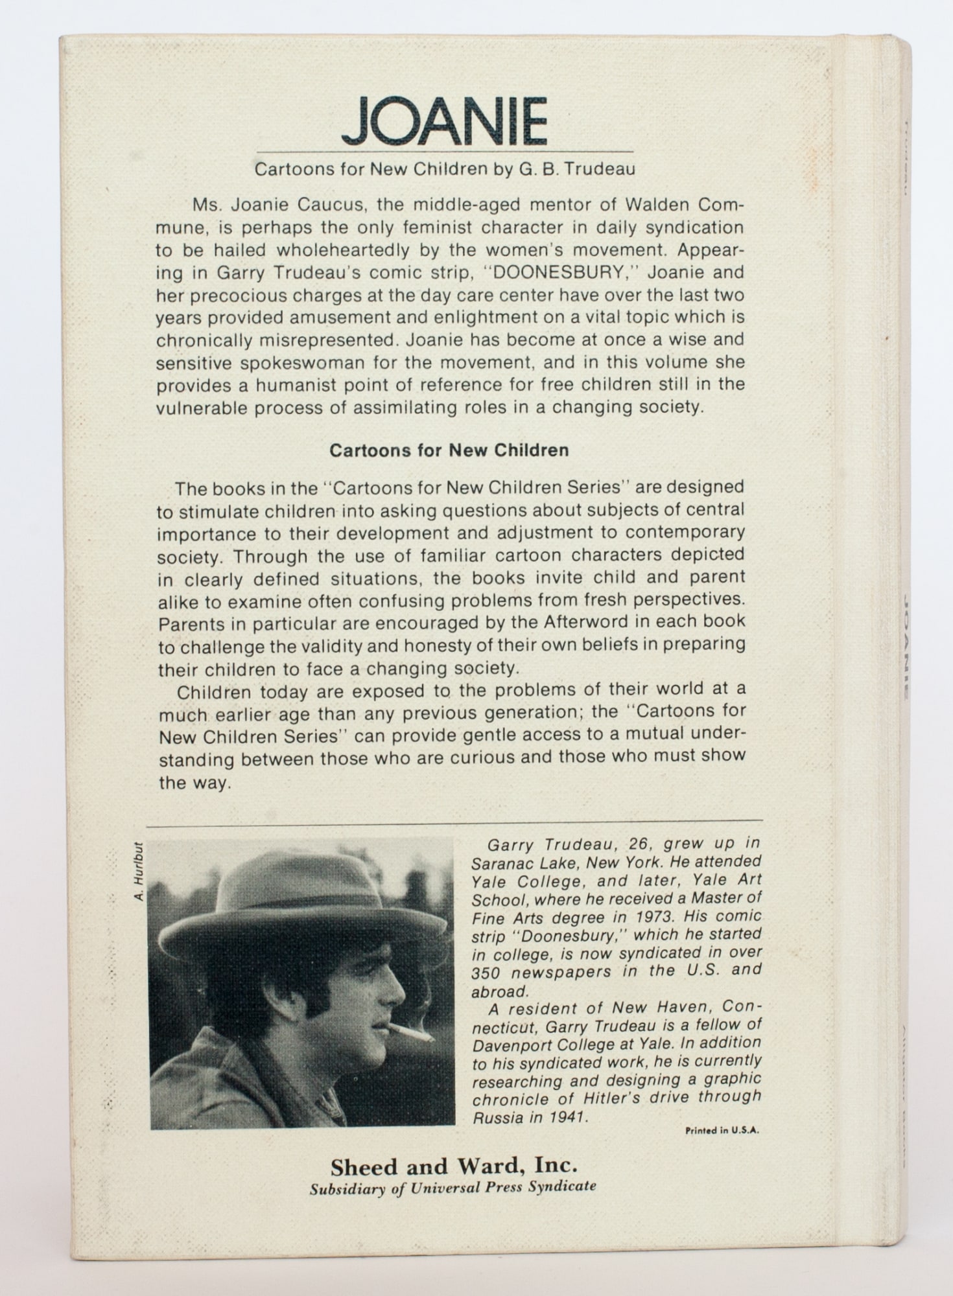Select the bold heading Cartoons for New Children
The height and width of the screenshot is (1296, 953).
(x=449, y=450)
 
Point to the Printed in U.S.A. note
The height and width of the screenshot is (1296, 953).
(x=722, y=1131)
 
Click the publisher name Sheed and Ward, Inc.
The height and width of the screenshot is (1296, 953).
(x=453, y=1167)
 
